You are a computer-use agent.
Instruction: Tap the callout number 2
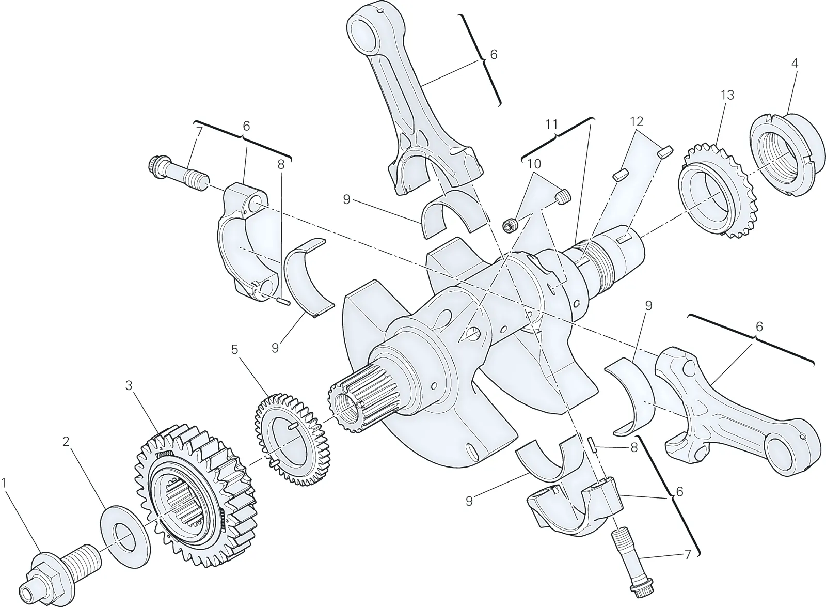pyautogui.click(x=67, y=441)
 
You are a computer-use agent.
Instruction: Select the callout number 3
pyautogui.click(x=129, y=385)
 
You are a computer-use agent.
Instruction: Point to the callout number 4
pyautogui.click(x=795, y=63)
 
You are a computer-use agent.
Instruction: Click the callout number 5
pyautogui.click(x=235, y=349)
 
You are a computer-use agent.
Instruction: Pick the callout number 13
pyautogui.click(x=727, y=95)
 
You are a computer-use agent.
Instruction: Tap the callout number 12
pyautogui.click(x=637, y=121)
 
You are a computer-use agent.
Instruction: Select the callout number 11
pyautogui.click(x=552, y=124)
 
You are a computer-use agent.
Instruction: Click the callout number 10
pyautogui.click(x=534, y=164)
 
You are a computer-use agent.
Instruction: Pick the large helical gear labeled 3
pyautogui.click(x=196, y=502)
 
